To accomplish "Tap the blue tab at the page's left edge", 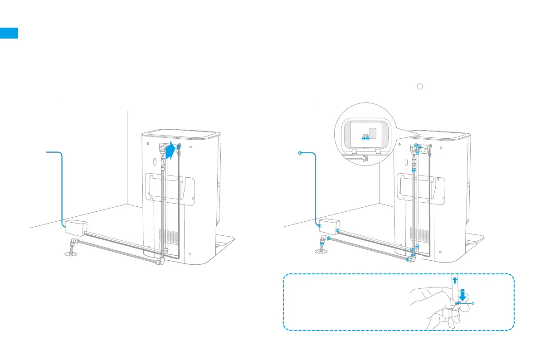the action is point(9,33).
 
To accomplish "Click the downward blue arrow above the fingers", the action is point(462,294).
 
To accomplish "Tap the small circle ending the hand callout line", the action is point(473,303).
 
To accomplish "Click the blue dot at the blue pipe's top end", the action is point(300,153).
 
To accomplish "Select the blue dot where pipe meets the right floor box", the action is point(319,225).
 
